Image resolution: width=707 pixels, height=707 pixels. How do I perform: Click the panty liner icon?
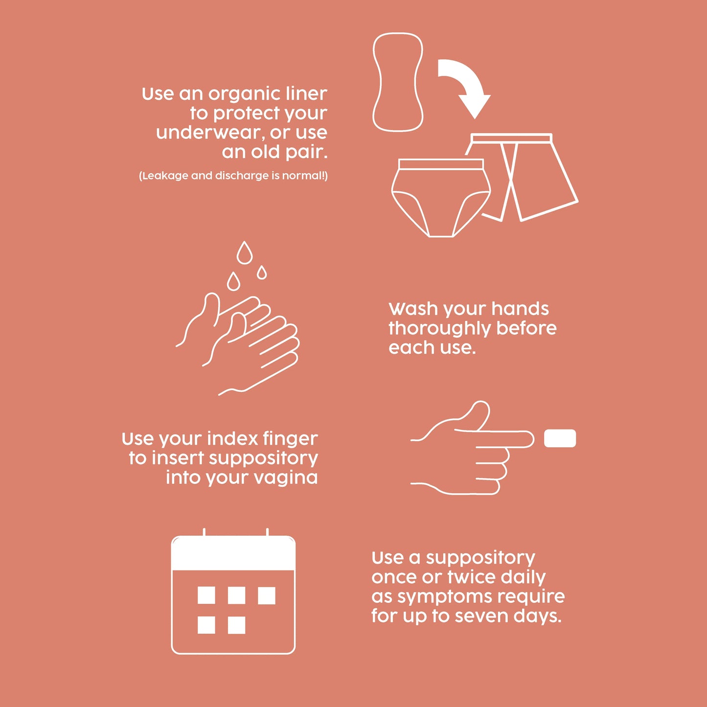pos(398,82)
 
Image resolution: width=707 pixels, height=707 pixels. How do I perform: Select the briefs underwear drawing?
pos(440,196)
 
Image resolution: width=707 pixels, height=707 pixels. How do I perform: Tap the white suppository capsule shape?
pos(560,438)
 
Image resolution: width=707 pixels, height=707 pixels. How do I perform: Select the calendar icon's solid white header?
pos(233,553)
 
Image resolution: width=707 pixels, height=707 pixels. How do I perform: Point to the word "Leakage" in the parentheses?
pos(164,176)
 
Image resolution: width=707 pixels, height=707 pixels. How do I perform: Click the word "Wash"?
pos(413,309)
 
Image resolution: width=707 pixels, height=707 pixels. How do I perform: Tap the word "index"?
pos(232,438)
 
